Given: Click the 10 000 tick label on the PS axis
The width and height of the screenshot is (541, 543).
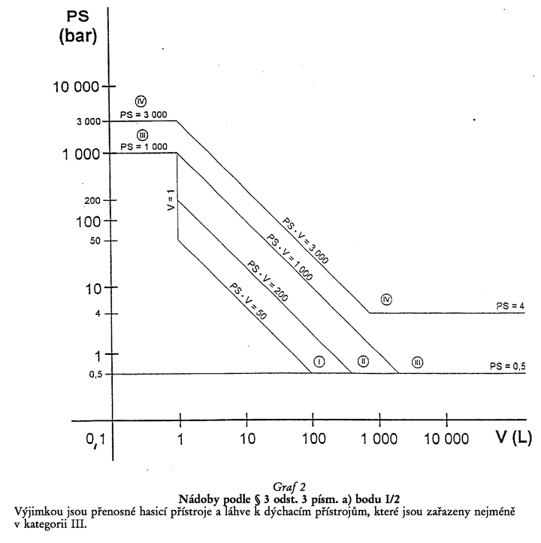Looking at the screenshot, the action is (x=76, y=86).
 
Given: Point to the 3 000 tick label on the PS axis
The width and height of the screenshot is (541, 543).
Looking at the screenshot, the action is (x=89, y=122).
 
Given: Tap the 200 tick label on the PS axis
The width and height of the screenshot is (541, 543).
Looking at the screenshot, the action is (x=92, y=201).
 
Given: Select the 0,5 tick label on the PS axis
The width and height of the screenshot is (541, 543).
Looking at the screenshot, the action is (x=96, y=375).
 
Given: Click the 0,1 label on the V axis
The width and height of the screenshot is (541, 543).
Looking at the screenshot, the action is (x=95, y=439).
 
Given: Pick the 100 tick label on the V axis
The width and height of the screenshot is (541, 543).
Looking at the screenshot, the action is (x=314, y=438).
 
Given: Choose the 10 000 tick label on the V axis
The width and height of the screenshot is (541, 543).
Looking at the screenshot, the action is (x=446, y=438).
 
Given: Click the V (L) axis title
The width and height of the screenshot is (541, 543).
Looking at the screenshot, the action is (x=514, y=437).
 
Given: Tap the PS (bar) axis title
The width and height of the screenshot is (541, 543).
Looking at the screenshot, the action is (x=78, y=26).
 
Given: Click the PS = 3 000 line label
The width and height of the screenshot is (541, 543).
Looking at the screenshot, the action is (x=144, y=114).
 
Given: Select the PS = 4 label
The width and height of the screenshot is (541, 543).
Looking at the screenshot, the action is (x=510, y=306).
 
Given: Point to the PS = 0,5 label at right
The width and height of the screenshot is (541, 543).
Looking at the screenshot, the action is (x=507, y=366).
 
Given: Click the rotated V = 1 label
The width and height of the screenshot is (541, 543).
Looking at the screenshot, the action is (x=171, y=200).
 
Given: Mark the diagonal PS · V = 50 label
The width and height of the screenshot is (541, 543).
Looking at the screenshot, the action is (x=248, y=302).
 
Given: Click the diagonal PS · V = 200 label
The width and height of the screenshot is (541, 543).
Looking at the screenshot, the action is (x=267, y=281).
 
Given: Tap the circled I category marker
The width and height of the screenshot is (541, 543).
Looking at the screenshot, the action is (x=319, y=362).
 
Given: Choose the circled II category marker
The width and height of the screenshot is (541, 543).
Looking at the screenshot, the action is (x=363, y=361).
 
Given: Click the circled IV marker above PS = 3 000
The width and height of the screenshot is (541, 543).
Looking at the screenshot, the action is (x=141, y=101).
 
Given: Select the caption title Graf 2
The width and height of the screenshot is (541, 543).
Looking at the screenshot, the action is (x=289, y=487).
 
